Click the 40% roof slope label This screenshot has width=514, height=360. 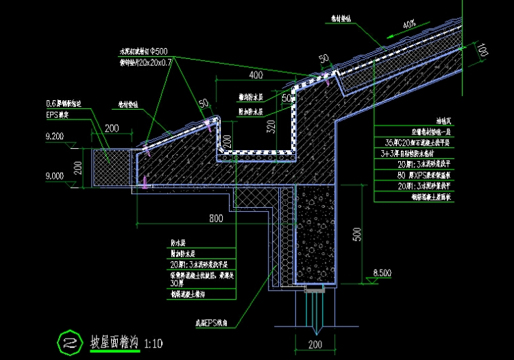click(x=409, y=25)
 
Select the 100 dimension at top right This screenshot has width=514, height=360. click(x=483, y=51)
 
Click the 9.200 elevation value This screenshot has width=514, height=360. click(x=55, y=137)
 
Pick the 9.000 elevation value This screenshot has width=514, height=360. click(x=55, y=176)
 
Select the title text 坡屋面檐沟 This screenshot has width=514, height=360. click(x=115, y=341)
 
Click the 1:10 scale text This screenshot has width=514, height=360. click(x=154, y=341)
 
